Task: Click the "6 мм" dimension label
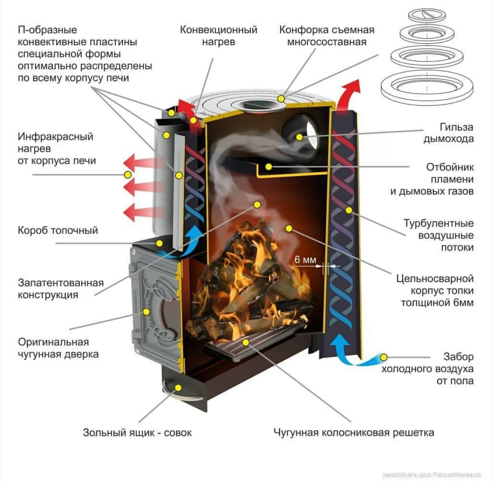pos(305,260)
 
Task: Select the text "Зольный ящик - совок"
pos(137,432)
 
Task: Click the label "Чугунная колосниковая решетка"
pos(353,432)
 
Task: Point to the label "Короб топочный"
pos(58,230)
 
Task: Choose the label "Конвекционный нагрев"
pos(219,36)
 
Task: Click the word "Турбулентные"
pos(438,224)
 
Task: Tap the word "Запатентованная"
pos(61,283)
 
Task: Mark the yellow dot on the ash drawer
pos(178,387)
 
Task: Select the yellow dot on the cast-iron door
pos(146,312)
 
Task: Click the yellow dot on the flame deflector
pos(269,167)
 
